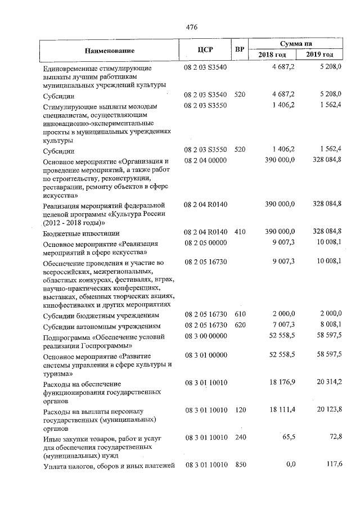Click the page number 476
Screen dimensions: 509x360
click(191, 26)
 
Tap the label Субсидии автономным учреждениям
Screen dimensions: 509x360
click(103, 326)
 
